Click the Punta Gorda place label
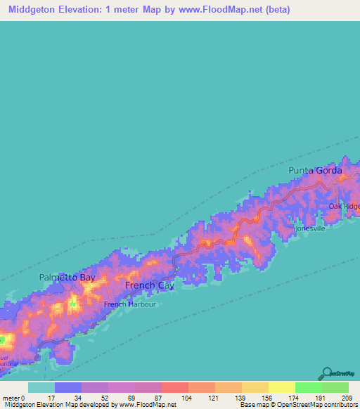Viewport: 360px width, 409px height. coord(315,171)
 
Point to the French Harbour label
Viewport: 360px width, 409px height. coord(129,304)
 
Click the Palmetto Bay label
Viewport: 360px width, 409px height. coord(67,278)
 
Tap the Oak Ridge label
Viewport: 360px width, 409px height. coord(345,206)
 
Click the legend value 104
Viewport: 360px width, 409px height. coord(187,397)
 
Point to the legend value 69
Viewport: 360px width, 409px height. coord(134,397)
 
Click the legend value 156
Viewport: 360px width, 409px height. coord(268,397)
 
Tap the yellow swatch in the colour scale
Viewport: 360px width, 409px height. coord(281,387)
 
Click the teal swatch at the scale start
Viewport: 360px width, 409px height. coord(41,387)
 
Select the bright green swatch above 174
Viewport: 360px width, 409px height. coord(308,387)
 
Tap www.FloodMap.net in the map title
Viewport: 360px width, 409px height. coord(220,11)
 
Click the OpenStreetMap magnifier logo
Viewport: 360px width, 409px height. coord(327,374)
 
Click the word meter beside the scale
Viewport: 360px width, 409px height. coord(12,397)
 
